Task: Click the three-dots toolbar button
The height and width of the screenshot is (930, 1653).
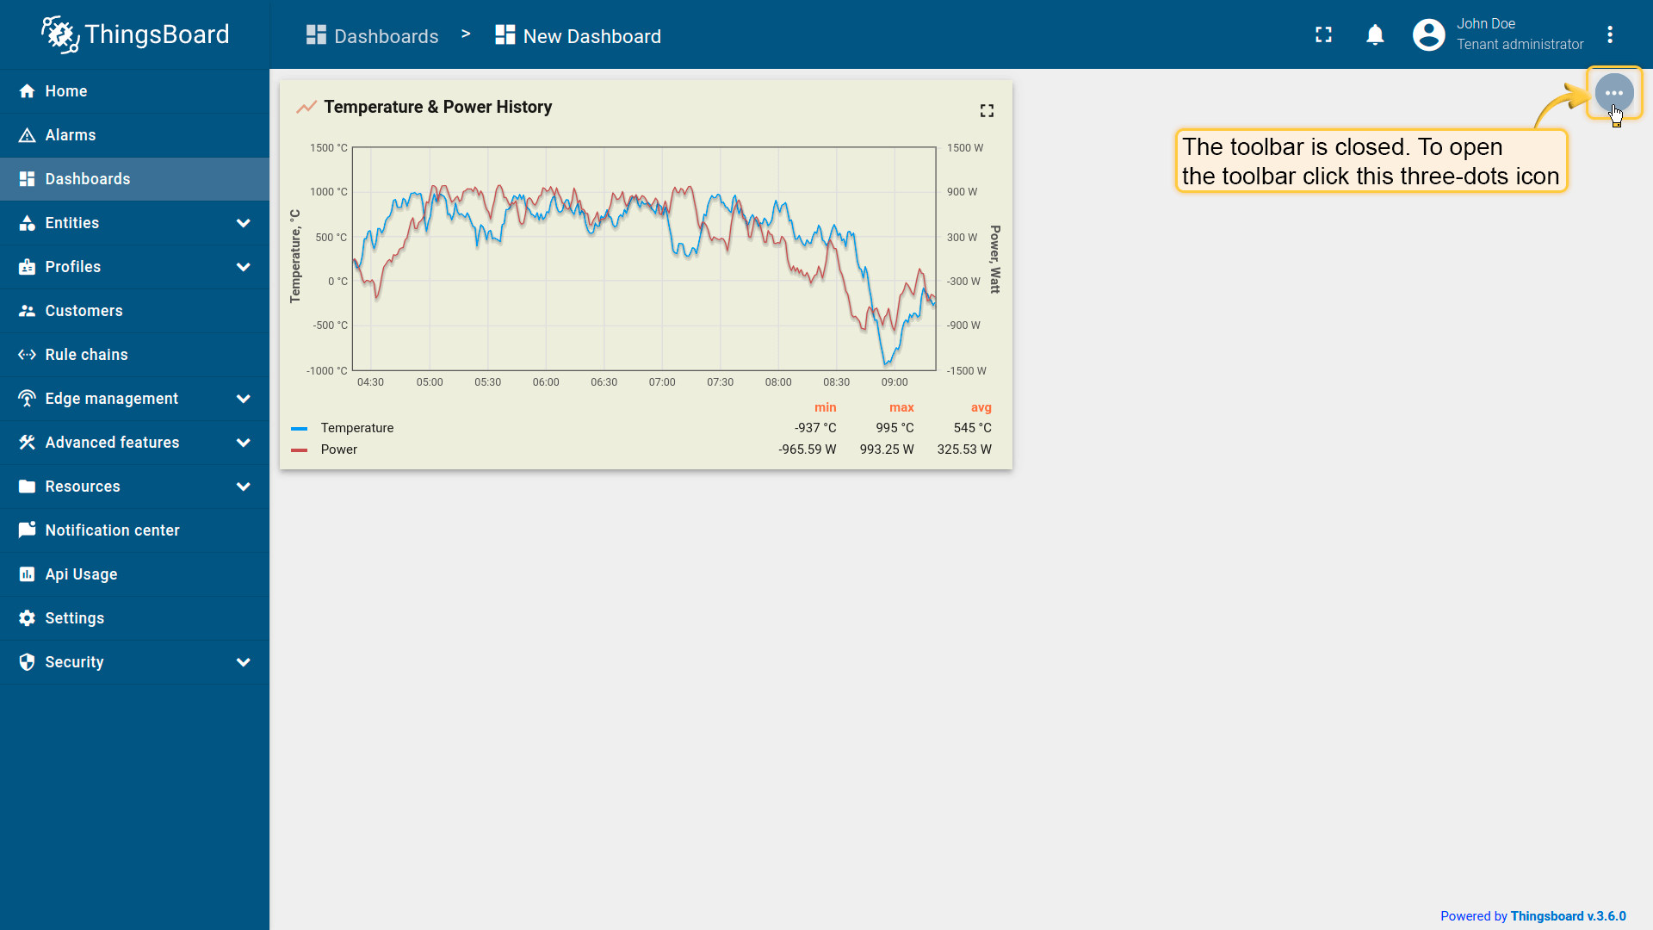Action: pos(1613,92)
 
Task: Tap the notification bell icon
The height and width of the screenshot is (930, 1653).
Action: pos(1375,34)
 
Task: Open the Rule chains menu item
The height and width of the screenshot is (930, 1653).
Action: pos(86,355)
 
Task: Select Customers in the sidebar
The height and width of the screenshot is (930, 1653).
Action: pos(84,311)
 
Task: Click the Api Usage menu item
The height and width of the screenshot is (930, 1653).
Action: pos(81,574)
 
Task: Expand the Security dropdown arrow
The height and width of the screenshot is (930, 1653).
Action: pos(244,662)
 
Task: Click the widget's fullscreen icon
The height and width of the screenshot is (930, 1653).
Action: pos(987,110)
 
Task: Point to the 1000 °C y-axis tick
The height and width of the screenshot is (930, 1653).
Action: pos(329,192)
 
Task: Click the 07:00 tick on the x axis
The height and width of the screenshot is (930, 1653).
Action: pos(662,382)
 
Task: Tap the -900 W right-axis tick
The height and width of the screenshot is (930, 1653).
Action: pos(963,325)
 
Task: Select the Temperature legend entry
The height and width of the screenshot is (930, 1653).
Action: pos(356,428)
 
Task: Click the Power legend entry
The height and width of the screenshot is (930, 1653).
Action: pos(338,449)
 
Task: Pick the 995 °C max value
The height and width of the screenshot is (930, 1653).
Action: pos(895,428)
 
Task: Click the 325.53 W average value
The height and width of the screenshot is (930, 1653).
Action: pos(964,449)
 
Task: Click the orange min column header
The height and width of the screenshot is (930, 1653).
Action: pos(825,407)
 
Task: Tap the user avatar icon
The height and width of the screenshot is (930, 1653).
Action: pos(1428,34)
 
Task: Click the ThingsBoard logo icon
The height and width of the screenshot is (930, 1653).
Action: pos(60,34)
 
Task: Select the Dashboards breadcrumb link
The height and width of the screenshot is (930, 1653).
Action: pos(386,36)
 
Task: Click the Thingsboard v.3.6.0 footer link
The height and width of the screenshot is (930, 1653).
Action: pos(1568,916)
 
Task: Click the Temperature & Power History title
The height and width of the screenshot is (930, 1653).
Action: pos(437,107)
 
